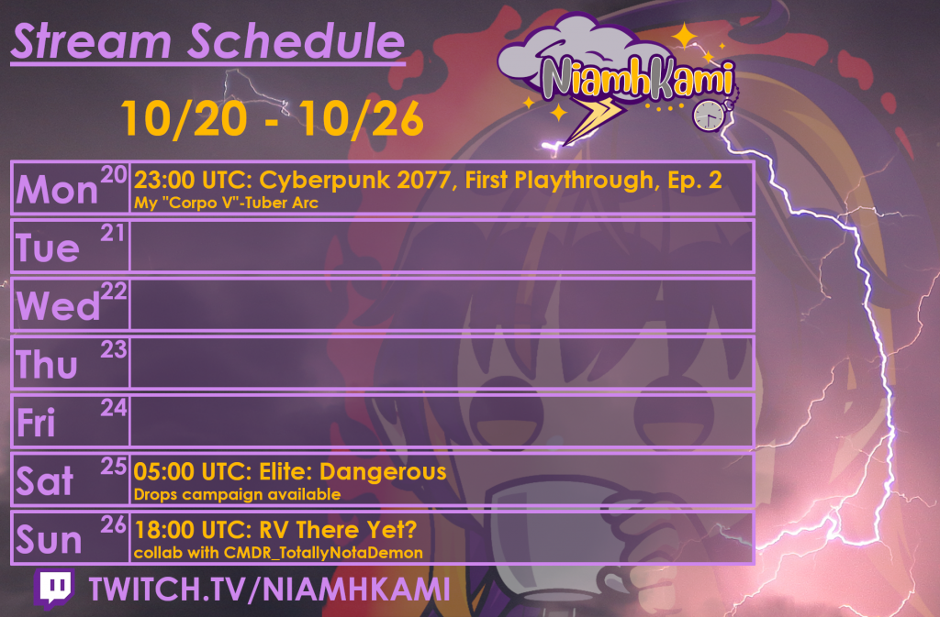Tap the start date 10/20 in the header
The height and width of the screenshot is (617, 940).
point(184,118)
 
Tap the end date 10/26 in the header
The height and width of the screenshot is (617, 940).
point(362,118)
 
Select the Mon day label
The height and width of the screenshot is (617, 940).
point(57,191)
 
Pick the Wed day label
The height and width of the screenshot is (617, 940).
point(58,306)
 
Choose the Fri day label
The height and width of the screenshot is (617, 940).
point(36,423)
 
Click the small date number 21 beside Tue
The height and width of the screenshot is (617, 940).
point(113,233)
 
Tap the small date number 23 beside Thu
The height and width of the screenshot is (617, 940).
point(113,349)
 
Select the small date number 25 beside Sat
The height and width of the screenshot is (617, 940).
point(113,467)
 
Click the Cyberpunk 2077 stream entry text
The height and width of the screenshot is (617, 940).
point(428,180)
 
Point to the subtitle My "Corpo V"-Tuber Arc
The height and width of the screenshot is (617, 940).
point(226,203)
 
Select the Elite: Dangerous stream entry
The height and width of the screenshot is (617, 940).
point(289,471)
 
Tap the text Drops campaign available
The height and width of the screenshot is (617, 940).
point(237,494)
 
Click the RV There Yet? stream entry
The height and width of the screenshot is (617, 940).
point(275,530)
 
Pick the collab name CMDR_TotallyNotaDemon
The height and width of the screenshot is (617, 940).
point(324,553)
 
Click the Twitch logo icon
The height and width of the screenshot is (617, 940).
point(55,589)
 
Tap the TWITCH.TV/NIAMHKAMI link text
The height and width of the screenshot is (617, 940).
point(269,589)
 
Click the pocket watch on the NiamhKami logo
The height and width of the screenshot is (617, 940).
point(709,115)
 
